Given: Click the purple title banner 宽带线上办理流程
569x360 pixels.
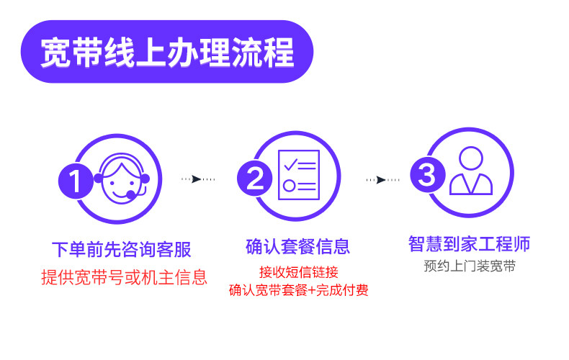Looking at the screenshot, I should click(x=166, y=53).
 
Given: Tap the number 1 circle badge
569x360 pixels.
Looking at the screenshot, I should click(x=76, y=180).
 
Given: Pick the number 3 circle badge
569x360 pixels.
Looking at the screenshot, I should click(x=427, y=175).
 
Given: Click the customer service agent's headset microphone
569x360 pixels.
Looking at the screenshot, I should click(x=130, y=194).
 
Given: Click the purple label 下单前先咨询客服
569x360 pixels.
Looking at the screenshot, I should click(x=121, y=250).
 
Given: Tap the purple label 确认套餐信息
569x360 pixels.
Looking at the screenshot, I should click(x=297, y=247).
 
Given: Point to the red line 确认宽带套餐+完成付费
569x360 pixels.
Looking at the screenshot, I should click(x=298, y=291).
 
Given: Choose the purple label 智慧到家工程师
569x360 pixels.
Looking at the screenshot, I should click(x=469, y=243).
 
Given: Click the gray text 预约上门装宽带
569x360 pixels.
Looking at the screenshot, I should click(x=470, y=266).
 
